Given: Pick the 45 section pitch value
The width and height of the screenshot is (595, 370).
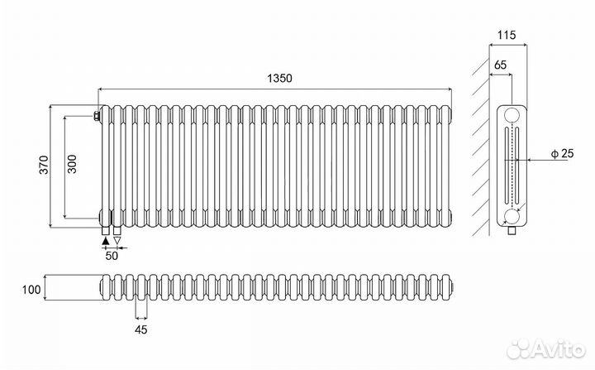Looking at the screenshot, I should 140,329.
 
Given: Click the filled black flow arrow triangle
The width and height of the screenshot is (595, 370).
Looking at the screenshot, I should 104,240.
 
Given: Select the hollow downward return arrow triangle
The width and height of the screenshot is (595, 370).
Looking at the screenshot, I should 117,240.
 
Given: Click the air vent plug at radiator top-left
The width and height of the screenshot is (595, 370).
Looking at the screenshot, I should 98,114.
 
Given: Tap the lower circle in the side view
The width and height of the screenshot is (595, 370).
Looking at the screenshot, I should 513,217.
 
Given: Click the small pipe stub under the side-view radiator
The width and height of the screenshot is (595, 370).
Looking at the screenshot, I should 512,233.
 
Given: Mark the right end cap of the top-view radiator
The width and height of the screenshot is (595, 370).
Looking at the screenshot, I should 450,288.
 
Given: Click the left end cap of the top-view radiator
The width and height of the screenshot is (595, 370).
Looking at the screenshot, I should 102,288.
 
